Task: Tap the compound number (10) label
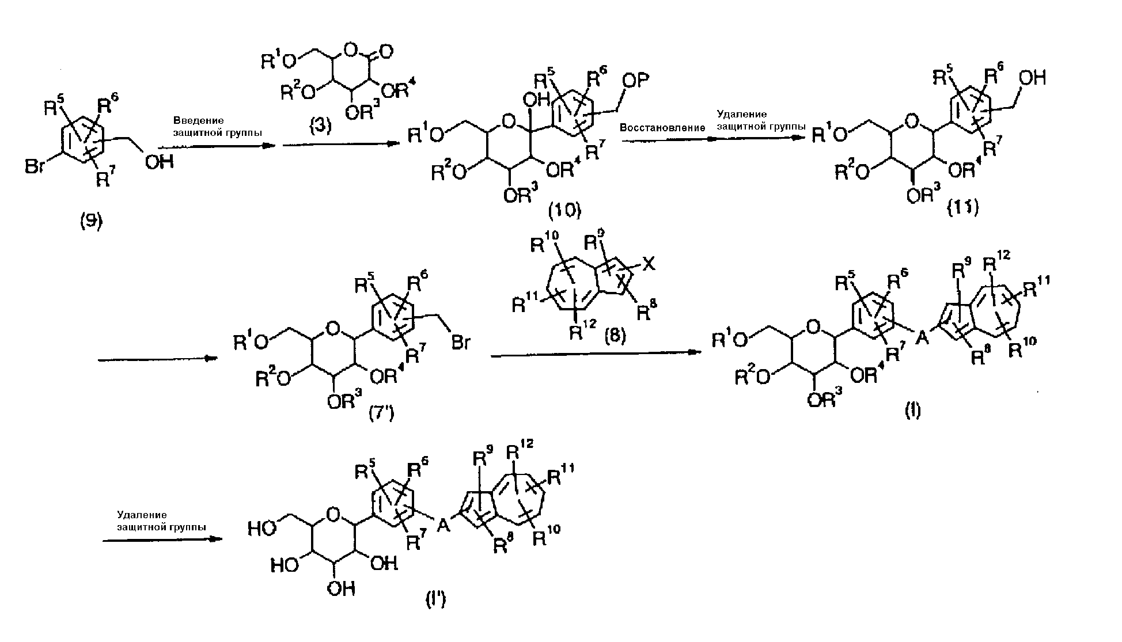[x=564, y=211]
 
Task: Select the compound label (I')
[x=435, y=601]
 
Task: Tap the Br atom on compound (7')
[x=460, y=344]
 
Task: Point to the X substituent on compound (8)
[x=649, y=265]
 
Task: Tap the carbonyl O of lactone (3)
[x=386, y=52]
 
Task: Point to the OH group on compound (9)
[x=160, y=162]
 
